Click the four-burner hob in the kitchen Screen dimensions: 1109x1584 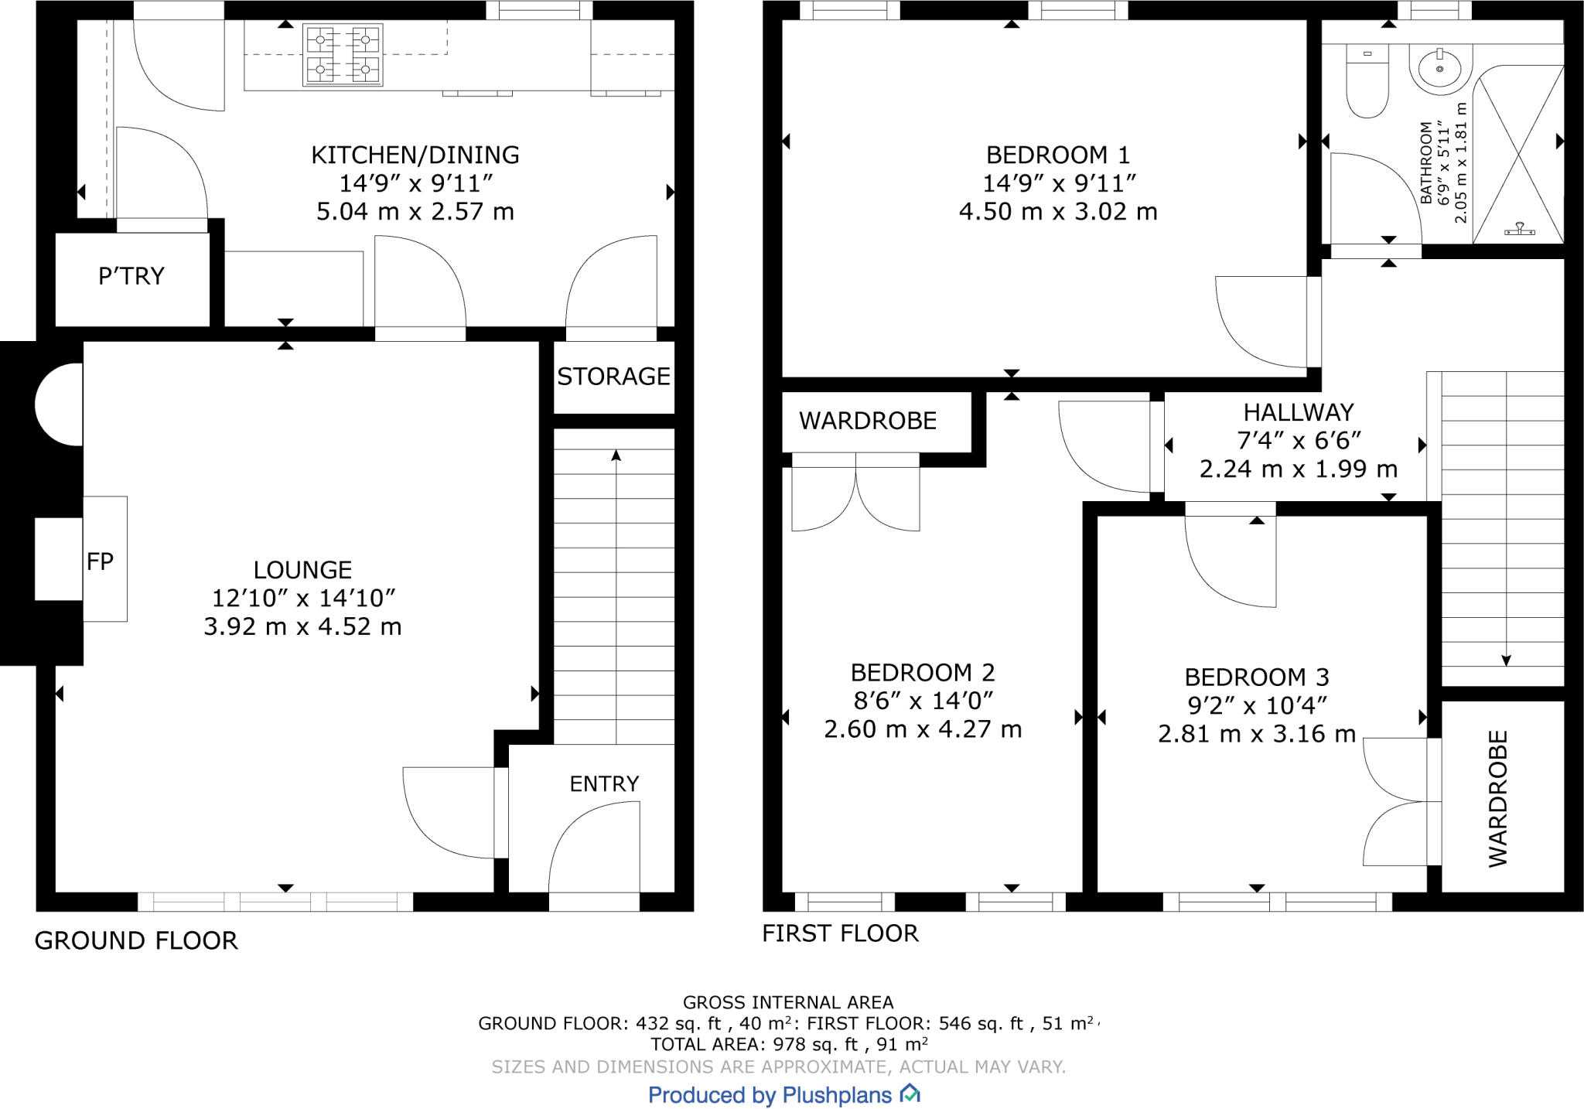click(x=343, y=55)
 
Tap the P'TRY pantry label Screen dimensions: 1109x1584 click(x=131, y=276)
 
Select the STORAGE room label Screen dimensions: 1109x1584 click(x=613, y=377)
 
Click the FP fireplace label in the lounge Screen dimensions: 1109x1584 click(x=100, y=561)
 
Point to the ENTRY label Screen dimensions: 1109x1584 click(x=604, y=784)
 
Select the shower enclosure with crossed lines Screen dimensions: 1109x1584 click(x=1518, y=155)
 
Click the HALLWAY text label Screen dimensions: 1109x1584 click(x=1298, y=412)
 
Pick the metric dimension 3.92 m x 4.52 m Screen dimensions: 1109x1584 click(x=302, y=626)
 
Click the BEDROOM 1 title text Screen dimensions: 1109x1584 click(x=1057, y=155)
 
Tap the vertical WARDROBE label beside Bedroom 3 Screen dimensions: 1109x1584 click(x=1498, y=798)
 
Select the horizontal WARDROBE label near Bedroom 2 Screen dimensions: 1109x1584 click(x=867, y=421)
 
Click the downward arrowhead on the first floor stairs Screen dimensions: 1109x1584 click(x=1506, y=660)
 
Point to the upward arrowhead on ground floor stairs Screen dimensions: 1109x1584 click(x=616, y=456)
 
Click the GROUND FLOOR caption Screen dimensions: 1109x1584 click(x=136, y=941)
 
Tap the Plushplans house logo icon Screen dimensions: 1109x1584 click(x=910, y=1094)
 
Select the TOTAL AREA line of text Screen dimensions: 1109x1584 click(x=789, y=1045)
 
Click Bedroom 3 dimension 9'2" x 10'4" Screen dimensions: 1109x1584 click(x=1257, y=705)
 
